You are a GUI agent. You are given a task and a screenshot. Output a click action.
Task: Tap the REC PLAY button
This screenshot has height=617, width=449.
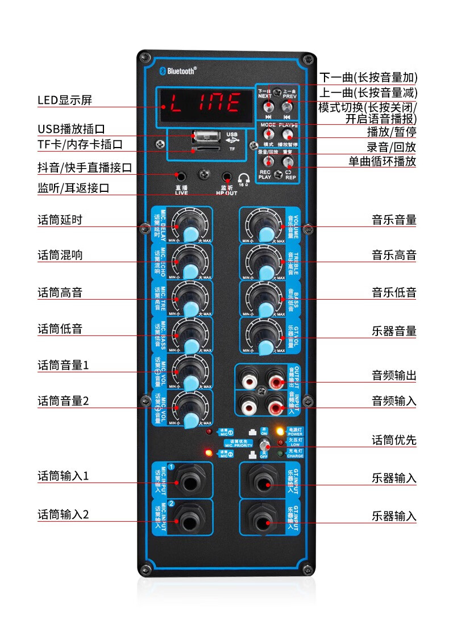[x=265, y=162]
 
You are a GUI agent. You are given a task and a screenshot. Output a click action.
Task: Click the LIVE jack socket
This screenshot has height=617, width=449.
[x=181, y=176]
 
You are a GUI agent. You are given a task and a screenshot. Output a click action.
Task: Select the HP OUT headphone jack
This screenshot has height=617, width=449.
[x=226, y=177]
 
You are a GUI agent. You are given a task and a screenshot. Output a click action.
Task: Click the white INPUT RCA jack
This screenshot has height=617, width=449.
[x=248, y=406]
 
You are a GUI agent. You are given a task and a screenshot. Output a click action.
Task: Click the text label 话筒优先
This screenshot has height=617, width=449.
[x=394, y=440]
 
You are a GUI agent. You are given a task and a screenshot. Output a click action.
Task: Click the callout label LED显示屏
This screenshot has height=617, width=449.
[x=65, y=100]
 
